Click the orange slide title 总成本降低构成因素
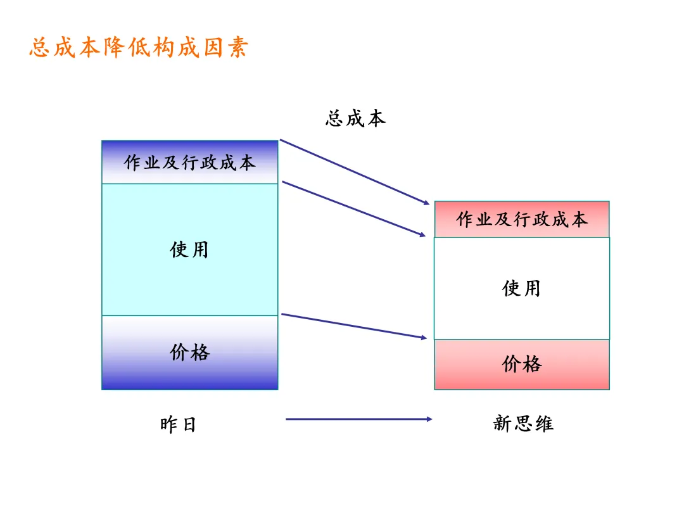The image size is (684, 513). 139,48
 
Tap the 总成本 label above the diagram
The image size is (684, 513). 355,118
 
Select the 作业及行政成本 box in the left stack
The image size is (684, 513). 190,162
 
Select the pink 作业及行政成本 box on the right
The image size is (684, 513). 522,219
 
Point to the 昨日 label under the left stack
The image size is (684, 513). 178,424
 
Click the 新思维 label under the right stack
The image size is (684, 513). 523,423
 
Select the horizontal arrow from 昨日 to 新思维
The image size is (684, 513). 358,419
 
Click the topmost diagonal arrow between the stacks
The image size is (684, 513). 355,172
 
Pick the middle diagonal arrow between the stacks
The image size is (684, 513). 353,209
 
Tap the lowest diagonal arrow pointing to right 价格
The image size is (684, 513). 353,326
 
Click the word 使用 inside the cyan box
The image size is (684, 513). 189,250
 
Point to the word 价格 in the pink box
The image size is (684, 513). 522,364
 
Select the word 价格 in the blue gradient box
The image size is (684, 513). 189,352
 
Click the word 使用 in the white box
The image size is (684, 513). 521,289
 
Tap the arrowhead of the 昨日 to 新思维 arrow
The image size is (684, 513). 428,419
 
